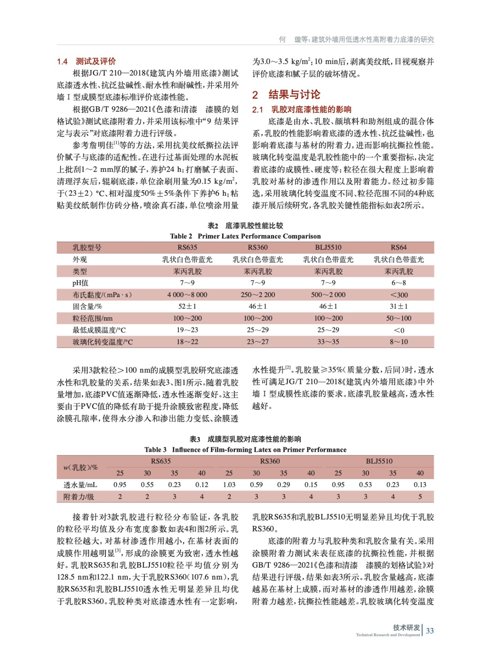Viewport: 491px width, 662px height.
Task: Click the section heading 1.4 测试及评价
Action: point(86,62)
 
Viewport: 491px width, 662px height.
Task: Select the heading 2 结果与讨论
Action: point(286,95)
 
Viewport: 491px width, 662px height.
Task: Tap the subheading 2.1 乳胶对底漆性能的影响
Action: point(302,110)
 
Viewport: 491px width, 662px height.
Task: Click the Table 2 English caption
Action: point(245,236)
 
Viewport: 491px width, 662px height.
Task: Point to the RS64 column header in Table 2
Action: point(398,247)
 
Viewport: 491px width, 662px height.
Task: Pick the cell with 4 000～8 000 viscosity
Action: point(187,295)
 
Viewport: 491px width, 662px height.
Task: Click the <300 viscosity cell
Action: point(399,295)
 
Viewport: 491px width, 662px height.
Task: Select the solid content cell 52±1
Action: point(187,307)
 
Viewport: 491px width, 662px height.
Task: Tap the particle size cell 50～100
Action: point(399,318)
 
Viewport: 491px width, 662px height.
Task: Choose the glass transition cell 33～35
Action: point(328,342)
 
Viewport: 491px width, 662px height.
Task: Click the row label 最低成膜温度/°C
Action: point(99,330)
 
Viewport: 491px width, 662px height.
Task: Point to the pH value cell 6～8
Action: point(399,283)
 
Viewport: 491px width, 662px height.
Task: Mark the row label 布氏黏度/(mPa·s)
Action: point(102,295)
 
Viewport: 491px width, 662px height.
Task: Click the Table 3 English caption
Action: point(245,450)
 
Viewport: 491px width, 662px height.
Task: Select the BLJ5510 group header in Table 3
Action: point(379,461)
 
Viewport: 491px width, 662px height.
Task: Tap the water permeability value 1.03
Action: point(229,485)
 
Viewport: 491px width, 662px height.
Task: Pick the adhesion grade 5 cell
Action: point(420,496)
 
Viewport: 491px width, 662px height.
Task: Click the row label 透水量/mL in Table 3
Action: point(80,485)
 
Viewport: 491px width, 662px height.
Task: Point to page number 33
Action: point(430,631)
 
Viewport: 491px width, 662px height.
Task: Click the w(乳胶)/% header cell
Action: point(81,467)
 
